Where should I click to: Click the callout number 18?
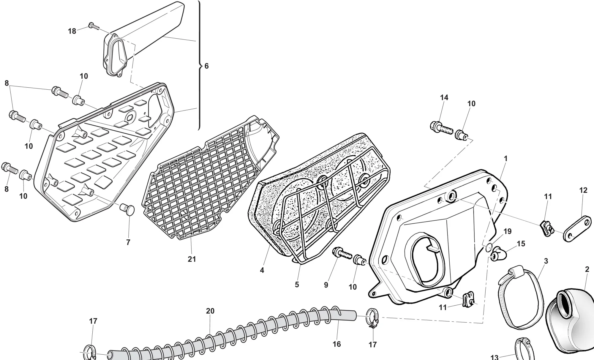coord(72,31)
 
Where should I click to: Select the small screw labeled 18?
coord(93,26)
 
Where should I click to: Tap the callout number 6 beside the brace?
coord(207,66)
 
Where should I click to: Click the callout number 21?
coord(192,259)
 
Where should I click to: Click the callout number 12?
coord(583,190)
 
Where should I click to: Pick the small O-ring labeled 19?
coord(489,247)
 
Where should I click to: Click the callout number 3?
coord(546,261)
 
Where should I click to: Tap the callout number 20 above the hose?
coord(210,311)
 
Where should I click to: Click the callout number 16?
coord(337,344)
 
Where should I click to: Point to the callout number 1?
coord(505,159)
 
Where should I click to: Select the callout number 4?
coord(262,270)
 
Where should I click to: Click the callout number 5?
coord(297,285)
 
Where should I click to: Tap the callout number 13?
coord(494,357)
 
